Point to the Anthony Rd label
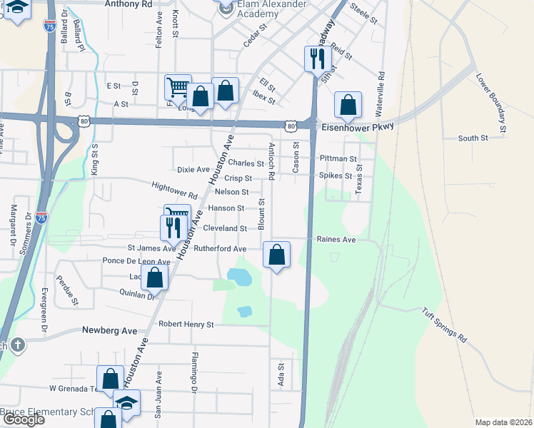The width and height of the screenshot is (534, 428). (129, 4)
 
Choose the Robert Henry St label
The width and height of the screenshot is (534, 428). (186, 325)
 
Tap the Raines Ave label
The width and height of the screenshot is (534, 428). (336, 240)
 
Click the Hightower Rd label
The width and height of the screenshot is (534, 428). (174, 190)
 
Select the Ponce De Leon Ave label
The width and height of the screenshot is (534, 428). (136, 261)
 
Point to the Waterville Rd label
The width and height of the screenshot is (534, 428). (381, 93)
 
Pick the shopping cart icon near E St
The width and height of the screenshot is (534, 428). (178, 88)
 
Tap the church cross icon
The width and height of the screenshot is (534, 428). (17, 346)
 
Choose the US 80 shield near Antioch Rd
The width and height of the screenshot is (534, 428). (291, 126)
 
